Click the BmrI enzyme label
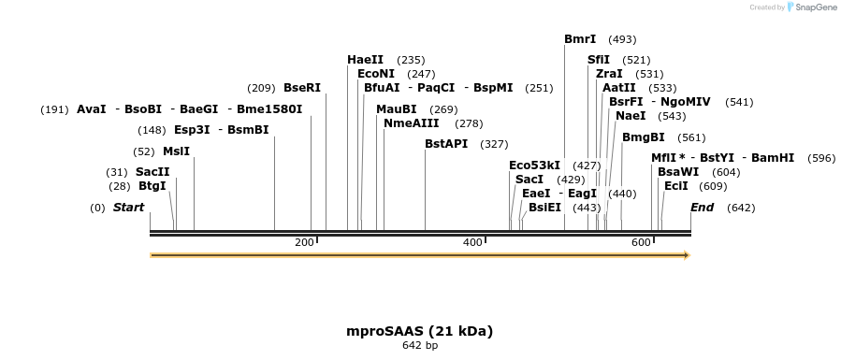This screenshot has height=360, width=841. [x=580, y=39]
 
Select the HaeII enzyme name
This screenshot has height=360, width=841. [x=365, y=60]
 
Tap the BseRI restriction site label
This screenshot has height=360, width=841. [x=302, y=88]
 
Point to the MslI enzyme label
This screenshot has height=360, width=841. [x=176, y=151]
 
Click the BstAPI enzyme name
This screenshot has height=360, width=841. [x=446, y=144]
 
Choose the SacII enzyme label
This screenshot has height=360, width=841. [x=152, y=172]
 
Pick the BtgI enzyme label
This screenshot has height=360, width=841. [x=152, y=186]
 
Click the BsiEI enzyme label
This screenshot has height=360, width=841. [x=544, y=208]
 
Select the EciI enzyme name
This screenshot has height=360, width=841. [x=675, y=186]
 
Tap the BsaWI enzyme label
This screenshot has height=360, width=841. [x=677, y=172]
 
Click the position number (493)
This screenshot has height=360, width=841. [x=622, y=39]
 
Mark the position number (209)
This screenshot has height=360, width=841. [x=261, y=88]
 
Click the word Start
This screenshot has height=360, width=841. [x=129, y=208]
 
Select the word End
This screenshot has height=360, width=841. [x=702, y=208]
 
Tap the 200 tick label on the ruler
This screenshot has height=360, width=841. [x=304, y=243]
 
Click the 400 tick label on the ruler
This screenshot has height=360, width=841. [x=472, y=243]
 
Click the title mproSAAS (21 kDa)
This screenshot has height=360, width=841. [x=419, y=331]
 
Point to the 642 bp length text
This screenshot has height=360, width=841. [x=419, y=346]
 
